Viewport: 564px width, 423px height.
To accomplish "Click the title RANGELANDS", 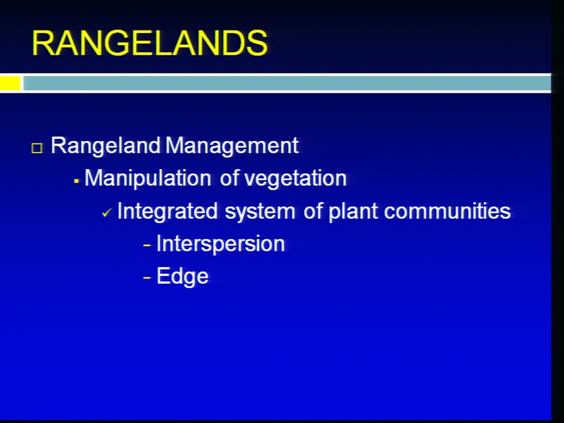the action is pyautogui.click(x=150, y=43).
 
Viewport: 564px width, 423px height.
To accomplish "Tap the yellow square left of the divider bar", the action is pyautogui.click(x=10, y=83).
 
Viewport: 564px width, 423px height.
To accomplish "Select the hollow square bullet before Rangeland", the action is pyautogui.click(x=37, y=148).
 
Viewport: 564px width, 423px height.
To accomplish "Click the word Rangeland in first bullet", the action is pyautogui.click(x=105, y=146).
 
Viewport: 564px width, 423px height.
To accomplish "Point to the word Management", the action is pyautogui.click(x=232, y=146).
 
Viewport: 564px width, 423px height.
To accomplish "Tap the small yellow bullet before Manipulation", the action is pyautogui.click(x=76, y=181).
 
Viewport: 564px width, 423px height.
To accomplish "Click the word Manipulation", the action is pyautogui.click(x=148, y=179).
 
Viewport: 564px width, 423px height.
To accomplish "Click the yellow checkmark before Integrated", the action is pyautogui.click(x=107, y=213).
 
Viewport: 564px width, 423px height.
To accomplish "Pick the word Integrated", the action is pyautogui.click(x=167, y=211).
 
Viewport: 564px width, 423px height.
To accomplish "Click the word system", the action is pyautogui.click(x=260, y=211).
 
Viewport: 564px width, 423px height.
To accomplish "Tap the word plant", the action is pyautogui.click(x=353, y=211).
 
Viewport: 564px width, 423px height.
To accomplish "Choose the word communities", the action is pyautogui.click(x=447, y=211).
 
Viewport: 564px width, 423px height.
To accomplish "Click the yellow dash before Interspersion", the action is pyautogui.click(x=147, y=246).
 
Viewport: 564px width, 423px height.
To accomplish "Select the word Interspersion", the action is pyautogui.click(x=220, y=244).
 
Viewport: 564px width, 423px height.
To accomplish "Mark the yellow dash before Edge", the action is pyautogui.click(x=147, y=278).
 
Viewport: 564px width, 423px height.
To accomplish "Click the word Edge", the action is pyautogui.click(x=182, y=276).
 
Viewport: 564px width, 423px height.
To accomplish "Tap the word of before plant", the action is pyautogui.click(x=313, y=211).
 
